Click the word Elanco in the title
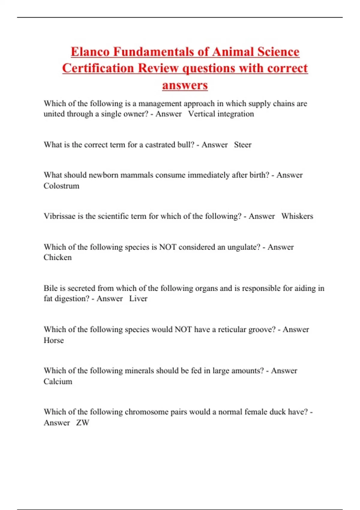click(90, 52)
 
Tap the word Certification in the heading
click(98, 68)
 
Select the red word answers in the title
click(185, 85)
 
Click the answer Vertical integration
click(221, 114)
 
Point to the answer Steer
click(243, 145)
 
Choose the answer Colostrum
click(61, 186)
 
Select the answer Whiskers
click(297, 216)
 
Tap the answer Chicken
click(58, 257)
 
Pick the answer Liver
click(138, 299)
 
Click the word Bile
click(50, 288)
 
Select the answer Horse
click(54, 340)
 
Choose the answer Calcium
click(58, 382)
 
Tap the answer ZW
click(82, 423)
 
